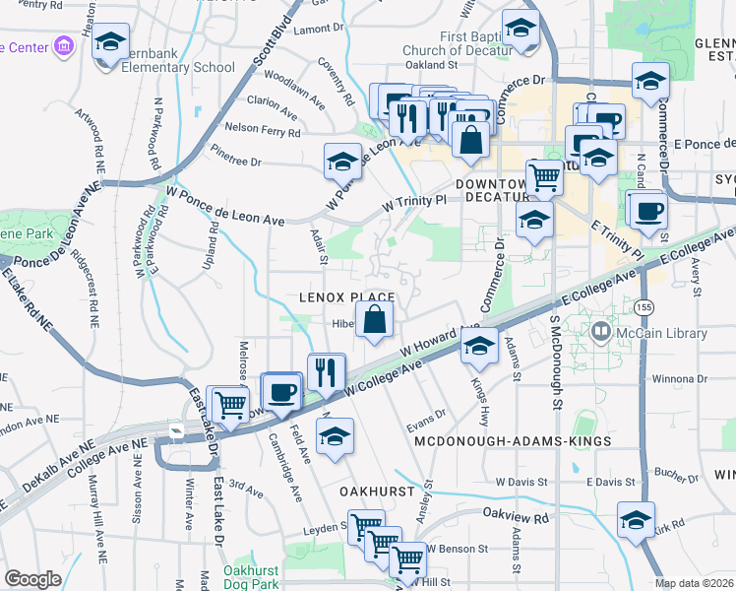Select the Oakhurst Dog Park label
[252, 576]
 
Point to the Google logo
[32, 578]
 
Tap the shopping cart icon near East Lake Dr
[230, 404]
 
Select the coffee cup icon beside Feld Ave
[282, 391]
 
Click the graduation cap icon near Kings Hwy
[479, 347]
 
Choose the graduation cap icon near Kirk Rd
[636, 519]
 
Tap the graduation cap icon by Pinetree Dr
[342, 162]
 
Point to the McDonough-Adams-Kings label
[513, 441]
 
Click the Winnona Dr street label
[667, 378]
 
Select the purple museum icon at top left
[65, 46]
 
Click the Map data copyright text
[695, 583]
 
